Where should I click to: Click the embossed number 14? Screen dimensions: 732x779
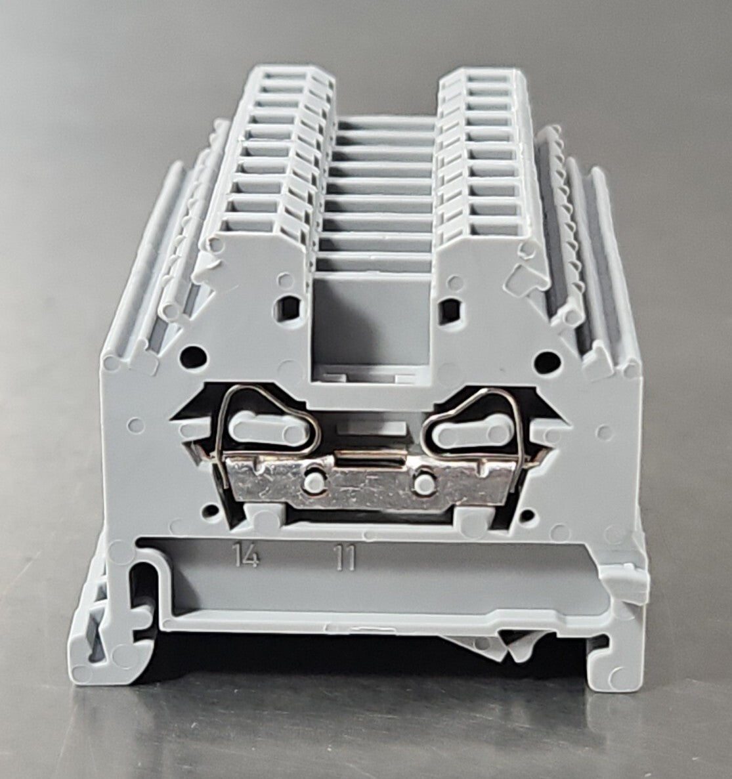247,556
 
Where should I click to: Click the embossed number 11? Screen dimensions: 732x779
345,557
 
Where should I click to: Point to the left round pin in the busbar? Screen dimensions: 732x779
314,482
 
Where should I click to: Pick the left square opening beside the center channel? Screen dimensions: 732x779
290,308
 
